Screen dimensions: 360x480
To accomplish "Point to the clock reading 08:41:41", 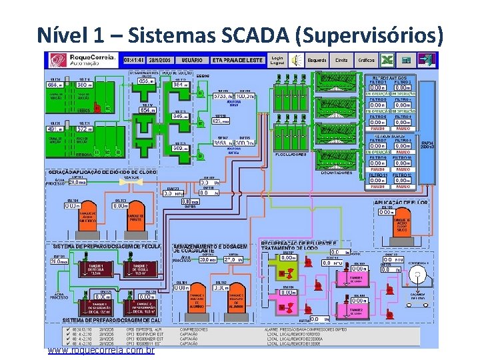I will tap(137, 59).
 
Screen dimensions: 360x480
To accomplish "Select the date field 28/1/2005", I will tap(163, 59).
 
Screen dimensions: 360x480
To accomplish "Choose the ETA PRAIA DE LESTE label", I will tap(238, 59).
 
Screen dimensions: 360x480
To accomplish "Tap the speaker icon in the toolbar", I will tap(297, 60).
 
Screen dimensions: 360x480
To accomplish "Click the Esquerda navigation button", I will tap(317, 59).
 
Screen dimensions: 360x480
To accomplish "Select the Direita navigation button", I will tap(341, 59).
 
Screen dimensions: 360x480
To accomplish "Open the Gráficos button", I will tap(366, 59).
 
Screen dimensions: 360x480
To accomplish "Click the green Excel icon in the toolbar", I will tap(385, 60).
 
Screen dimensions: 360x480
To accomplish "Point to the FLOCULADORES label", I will tap(291, 155).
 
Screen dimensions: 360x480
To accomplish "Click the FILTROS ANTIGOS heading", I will tap(393, 77).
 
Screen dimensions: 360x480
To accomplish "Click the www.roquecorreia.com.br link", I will tap(101, 350).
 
